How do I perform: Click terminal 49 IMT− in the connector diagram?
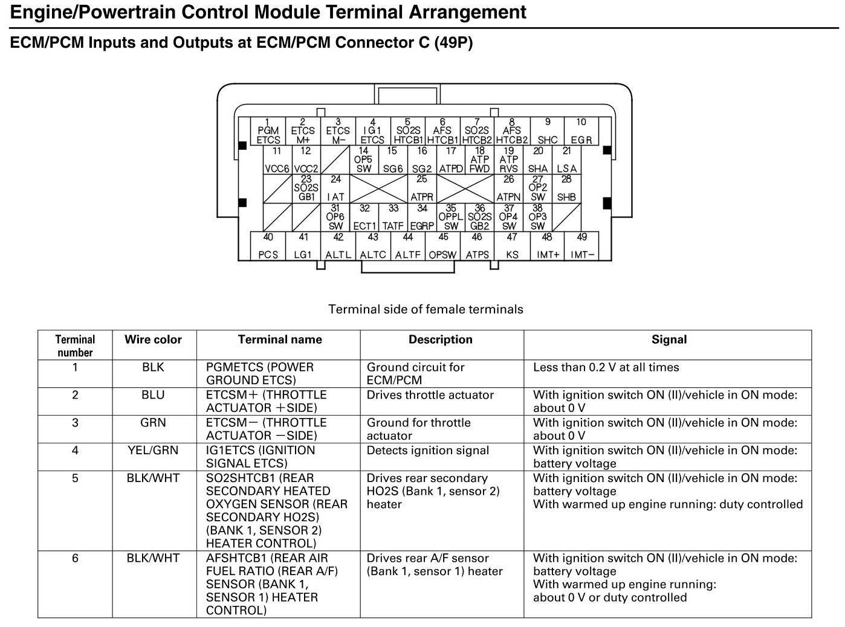click(x=581, y=246)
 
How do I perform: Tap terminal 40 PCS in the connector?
click(x=268, y=246)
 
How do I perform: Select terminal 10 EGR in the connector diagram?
click(x=581, y=131)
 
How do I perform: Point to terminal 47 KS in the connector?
click(x=512, y=246)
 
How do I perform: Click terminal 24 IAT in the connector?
click(x=335, y=188)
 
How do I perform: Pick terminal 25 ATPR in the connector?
click(x=422, y=188)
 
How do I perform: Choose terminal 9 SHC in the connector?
click(x=547, y=131)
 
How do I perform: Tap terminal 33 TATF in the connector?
click(x=393, y=217)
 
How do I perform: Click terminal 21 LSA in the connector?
click(x=566, y=160)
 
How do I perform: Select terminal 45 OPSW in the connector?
click(x=442, y=246)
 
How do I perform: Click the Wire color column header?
click(x=153, y=339)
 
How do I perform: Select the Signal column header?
click(x=669, y=339)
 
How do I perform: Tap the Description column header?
click(x=441, y=339)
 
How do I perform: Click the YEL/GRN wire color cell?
click(x=153, y=451)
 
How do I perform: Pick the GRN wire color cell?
click(x=153, y=423)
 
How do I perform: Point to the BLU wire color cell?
click(x=153, y=395)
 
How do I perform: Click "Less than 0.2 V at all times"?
click(x=606, y=367)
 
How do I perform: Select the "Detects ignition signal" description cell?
click(x=428, y=451)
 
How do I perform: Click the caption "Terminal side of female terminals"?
click(x=426, y=309)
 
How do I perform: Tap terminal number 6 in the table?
click(x=75, y=558)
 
